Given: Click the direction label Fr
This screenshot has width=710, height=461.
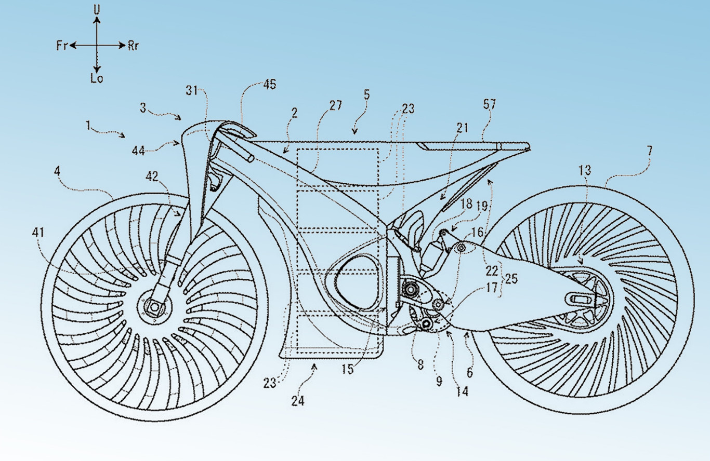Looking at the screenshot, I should tap(62, 46).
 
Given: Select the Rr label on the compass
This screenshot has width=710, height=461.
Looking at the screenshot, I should tap(133, 46).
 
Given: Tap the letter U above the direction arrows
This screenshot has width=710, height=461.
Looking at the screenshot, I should tap(97, 9).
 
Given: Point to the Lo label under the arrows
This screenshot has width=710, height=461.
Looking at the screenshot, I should tap(97, 79).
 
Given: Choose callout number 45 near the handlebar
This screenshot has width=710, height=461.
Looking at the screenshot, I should tap(270, 85).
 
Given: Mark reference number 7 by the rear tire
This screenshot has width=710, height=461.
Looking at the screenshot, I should tap(650, 151).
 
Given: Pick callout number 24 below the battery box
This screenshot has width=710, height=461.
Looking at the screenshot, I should tap(298, 401).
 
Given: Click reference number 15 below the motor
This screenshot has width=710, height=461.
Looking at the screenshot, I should tap(347, 370).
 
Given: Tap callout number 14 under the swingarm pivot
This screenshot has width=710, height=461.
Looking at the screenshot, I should tap(462, 392).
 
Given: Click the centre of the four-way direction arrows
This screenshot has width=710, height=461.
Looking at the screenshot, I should tap(97, 46).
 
